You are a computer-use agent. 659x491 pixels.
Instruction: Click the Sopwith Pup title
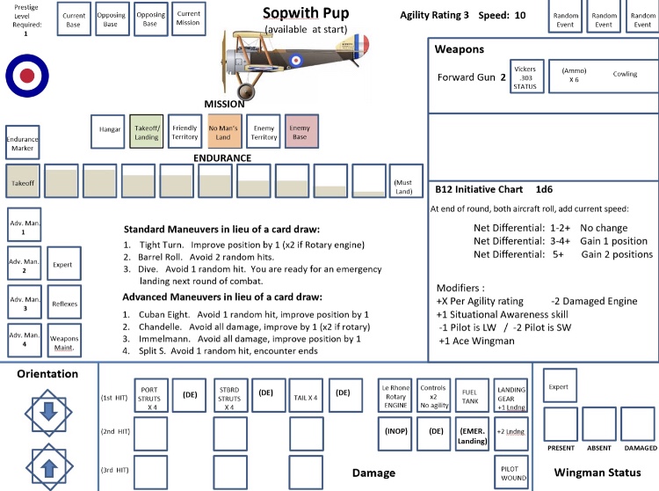(x=306, y=13)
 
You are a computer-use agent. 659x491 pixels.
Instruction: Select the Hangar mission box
(x=111, y=131)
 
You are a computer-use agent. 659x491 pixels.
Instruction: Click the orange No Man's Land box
(x=224, y=131)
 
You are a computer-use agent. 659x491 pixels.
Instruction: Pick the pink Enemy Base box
(x=300, y=131)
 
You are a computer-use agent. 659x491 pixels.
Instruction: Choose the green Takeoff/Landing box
(x=148, y=131)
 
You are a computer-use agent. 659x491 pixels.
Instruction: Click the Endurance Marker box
(x=22, y=143)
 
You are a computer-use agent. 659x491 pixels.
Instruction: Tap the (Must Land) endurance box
(x=408, y=181)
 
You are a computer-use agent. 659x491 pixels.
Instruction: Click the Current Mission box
(x=188, y=18)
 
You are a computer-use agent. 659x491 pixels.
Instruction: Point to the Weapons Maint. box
(x=64, y=339)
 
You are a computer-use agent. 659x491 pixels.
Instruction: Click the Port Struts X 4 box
(x=148, y=395)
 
